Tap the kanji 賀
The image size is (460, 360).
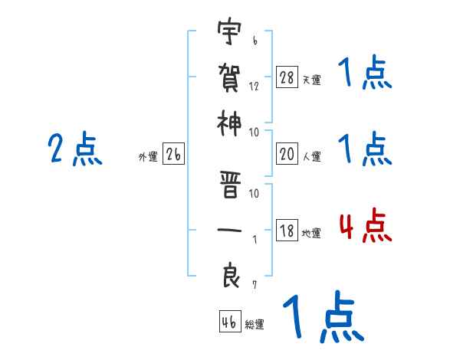click(x=228, y=77)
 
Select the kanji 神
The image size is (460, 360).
click(x=228, y=123)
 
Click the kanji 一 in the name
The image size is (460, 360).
click(x=228, y=231)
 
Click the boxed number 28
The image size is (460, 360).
click(x=287, y=78)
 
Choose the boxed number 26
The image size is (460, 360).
click(x=173, y=155)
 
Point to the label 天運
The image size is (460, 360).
click(x=311, y=80)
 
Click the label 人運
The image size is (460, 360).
click(x=311, y=156)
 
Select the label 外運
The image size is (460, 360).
click(x=147, y=157)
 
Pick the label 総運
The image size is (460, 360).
click(x=255, y=324)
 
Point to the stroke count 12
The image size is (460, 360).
click(x=254, y=87)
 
